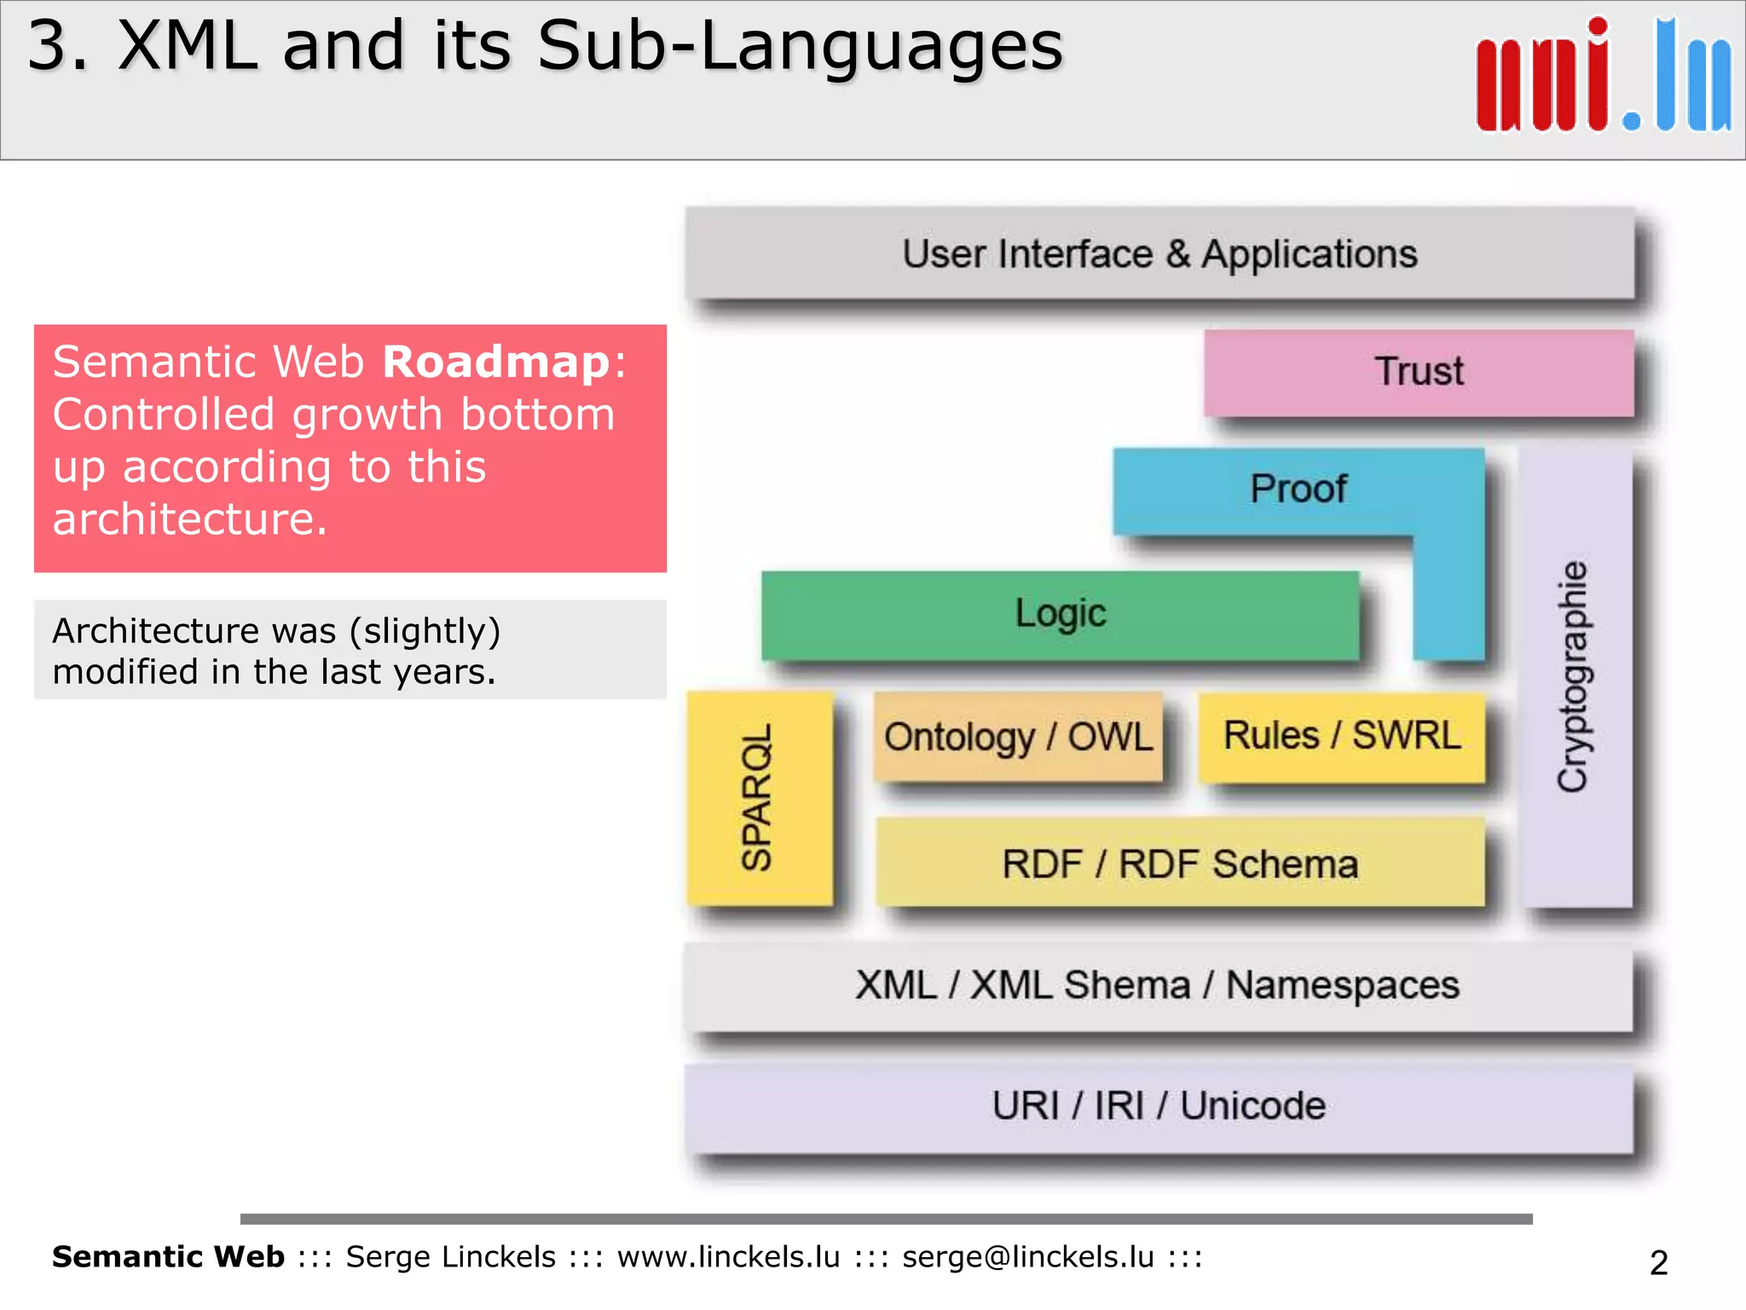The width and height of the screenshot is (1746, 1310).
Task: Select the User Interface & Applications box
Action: (x=1159, y=254)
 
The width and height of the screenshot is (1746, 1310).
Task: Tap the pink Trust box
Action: (x=1419, y=372)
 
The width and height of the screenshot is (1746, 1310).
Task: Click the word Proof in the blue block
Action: (x=1298, y=490)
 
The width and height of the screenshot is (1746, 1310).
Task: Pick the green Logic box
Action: (x=1060, y=614)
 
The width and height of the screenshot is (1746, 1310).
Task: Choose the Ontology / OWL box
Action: (x=1018, y=737)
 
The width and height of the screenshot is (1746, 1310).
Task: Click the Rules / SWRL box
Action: (x=1342, y=735)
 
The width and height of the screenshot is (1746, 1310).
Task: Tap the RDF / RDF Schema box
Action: (x=1180, y=863)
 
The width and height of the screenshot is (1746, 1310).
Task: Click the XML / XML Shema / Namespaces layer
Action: (x=1158, y=986)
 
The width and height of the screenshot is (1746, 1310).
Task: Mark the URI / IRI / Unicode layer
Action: (x=1158, y=1107)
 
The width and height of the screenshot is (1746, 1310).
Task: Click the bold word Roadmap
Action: (x=496, y=362)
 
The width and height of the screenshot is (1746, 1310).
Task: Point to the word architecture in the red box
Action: (x=189, y=519)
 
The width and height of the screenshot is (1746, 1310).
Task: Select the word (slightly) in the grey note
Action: (x=425, y=631)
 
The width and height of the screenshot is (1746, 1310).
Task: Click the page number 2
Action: (x=1658, y=1262)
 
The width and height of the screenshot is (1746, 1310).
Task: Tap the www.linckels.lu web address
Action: (x=728, y=1257)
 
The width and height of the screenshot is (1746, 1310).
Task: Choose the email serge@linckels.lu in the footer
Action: (x=1027, y=1257)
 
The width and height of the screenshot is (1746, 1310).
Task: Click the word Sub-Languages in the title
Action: (x=800, y=46)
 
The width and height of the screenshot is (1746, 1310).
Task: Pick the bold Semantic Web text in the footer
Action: (x=168, y=1257)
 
